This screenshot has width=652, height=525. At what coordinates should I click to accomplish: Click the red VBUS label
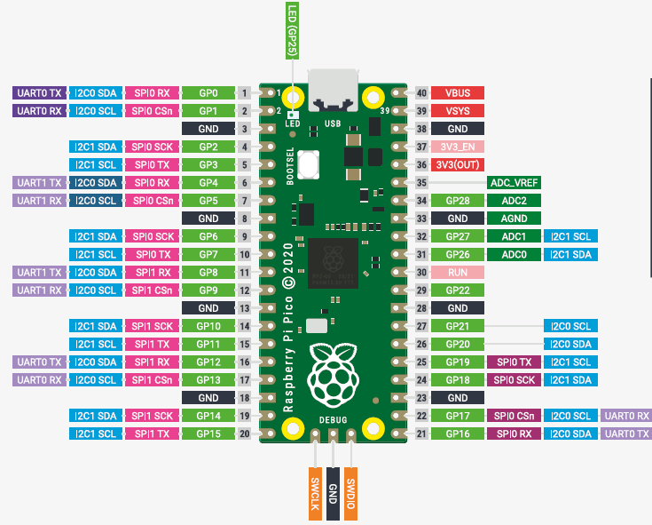(x=459, y=92)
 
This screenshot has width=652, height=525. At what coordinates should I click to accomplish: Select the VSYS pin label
(x=459, y=111)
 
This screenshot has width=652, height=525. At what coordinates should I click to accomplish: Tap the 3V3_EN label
(x=459, y=147)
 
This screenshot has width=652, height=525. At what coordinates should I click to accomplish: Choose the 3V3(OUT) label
(x=459, y=165)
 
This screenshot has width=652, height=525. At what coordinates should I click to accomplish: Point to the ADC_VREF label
(x=514, y=183)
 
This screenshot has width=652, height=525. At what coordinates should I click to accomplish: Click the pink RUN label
(x=459, y=273)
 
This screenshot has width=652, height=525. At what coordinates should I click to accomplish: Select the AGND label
(x=514, y=219)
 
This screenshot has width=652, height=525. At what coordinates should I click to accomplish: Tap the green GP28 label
(x=459, y=201)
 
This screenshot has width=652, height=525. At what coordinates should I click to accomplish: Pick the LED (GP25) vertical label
(x=292, y=31)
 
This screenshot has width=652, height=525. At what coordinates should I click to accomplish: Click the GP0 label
(x=208, y=92)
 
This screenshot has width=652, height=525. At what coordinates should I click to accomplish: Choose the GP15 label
(x=208, y=434)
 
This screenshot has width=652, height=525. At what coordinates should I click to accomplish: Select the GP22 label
(x=459, y=290)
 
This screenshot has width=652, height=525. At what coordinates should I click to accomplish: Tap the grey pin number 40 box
(x=421, y=92)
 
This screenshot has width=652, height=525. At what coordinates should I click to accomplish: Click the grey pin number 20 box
(x=243, y=434)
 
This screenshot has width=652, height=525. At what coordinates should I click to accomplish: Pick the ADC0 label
(x=514, y=255)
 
